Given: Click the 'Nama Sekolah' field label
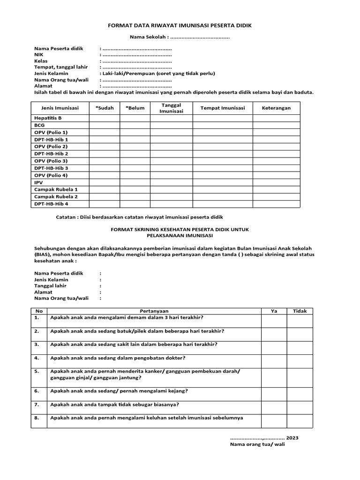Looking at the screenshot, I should click(148, 37).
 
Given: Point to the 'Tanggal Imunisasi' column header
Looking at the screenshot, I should click(171, 108).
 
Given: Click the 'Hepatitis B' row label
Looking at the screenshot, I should click(48, 118).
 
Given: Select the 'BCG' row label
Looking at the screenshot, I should click(39, 125).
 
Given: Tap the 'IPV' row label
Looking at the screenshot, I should click(38, 182).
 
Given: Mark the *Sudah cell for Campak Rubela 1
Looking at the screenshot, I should click(105, 189).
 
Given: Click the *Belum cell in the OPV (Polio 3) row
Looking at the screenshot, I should click(135, 161).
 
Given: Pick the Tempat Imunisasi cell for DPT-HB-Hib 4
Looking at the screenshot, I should click(223, 204).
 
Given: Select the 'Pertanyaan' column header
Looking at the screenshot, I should click(154, 311).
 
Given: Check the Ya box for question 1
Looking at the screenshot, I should click(274, 320).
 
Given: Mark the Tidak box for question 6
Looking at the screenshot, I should click(300, 394).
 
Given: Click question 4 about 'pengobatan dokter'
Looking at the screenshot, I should click(118, 358).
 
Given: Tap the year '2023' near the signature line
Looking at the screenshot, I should click(292, 437).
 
